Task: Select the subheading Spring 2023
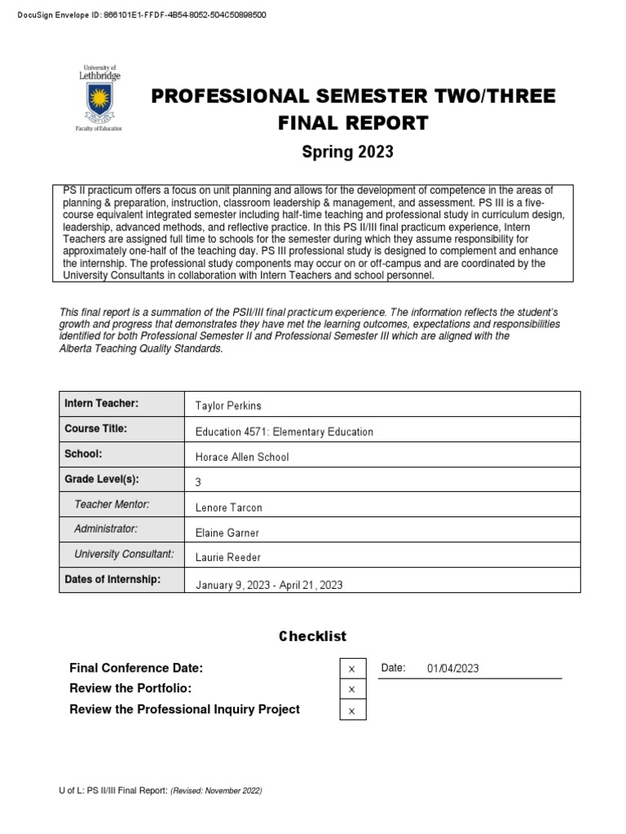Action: pyautogui.click(x=347, y=151)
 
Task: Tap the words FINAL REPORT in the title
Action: pyautogui.click(x=353, y=123)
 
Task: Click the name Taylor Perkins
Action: pyautogui.click(x=228, y=406)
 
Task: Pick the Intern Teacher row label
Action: pyautogui.click(x=102, y=404)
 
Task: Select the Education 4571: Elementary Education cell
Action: pyautogui.click(x=284, y=432)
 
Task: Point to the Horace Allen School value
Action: pyautogui.click(x=242, y=457)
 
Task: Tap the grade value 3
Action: pyautogui.click(x=199, y=482)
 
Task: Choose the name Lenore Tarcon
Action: pyautogui.click(x=229, y=507)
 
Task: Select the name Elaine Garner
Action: pyautogui.click(x=228, y=532)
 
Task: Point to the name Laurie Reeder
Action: pyautogui.click(x=228, y=557)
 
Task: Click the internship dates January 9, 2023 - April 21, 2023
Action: pyautogui.click(x=270, y=584)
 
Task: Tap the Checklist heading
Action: pyautogui.click(x=313, y=636)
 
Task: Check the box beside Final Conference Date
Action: pyautogui.click(x=352, y=669)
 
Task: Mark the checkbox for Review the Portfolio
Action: pyautogui.click(x=352, y=689)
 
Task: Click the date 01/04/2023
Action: pyautogui.click(x=452, y=669)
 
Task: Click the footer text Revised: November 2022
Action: pyautogui.click(x=216, y=791)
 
